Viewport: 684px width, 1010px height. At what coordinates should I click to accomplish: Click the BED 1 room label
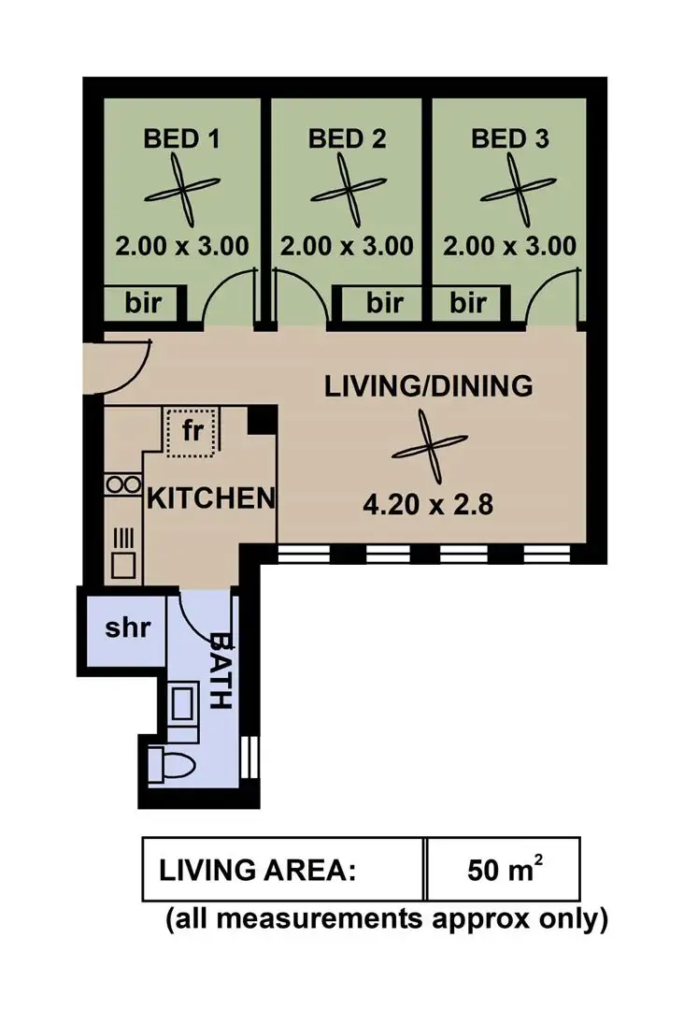pos(181,139)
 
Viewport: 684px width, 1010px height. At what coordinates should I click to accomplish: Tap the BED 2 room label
pos(347,139)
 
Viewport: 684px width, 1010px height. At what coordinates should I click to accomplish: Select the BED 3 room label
pos(510,139)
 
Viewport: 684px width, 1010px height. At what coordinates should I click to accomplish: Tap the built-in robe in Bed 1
pos(145,303)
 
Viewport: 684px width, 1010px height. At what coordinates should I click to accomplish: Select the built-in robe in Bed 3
pos(468,303)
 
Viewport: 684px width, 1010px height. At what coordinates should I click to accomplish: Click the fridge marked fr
pos(191,431)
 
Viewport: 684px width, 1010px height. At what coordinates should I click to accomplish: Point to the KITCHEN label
pos(211,498)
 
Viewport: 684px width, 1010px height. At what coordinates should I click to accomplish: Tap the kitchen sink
pos(122,552)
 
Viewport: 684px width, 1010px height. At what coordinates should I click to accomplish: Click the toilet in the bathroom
pos(172,765)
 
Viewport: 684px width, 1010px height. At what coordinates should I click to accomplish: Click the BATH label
pos(221,671)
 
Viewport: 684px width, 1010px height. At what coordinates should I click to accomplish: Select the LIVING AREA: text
pos(259,870)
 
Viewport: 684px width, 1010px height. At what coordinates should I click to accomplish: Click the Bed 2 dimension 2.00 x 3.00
pos(347,246)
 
